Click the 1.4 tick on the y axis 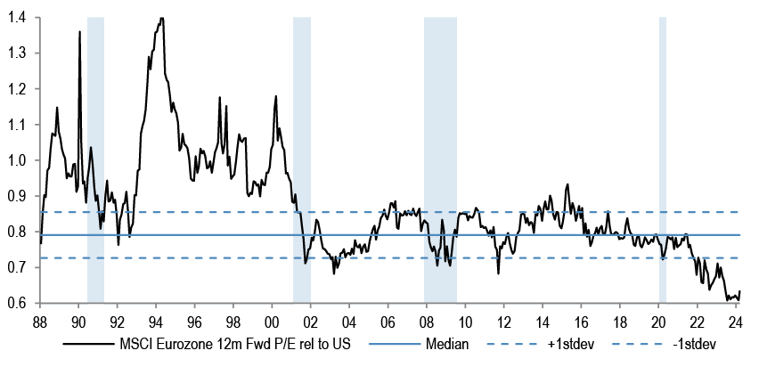(x=19, y=18)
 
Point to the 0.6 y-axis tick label (x=19, y=304)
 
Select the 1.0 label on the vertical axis (x=19, y=160)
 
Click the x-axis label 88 (x=39, y=322)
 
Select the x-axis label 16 (x=581, y=322)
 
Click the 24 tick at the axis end (x=735, y=322)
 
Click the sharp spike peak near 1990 (x=80, y=32)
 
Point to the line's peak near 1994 (x=160, y=18)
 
